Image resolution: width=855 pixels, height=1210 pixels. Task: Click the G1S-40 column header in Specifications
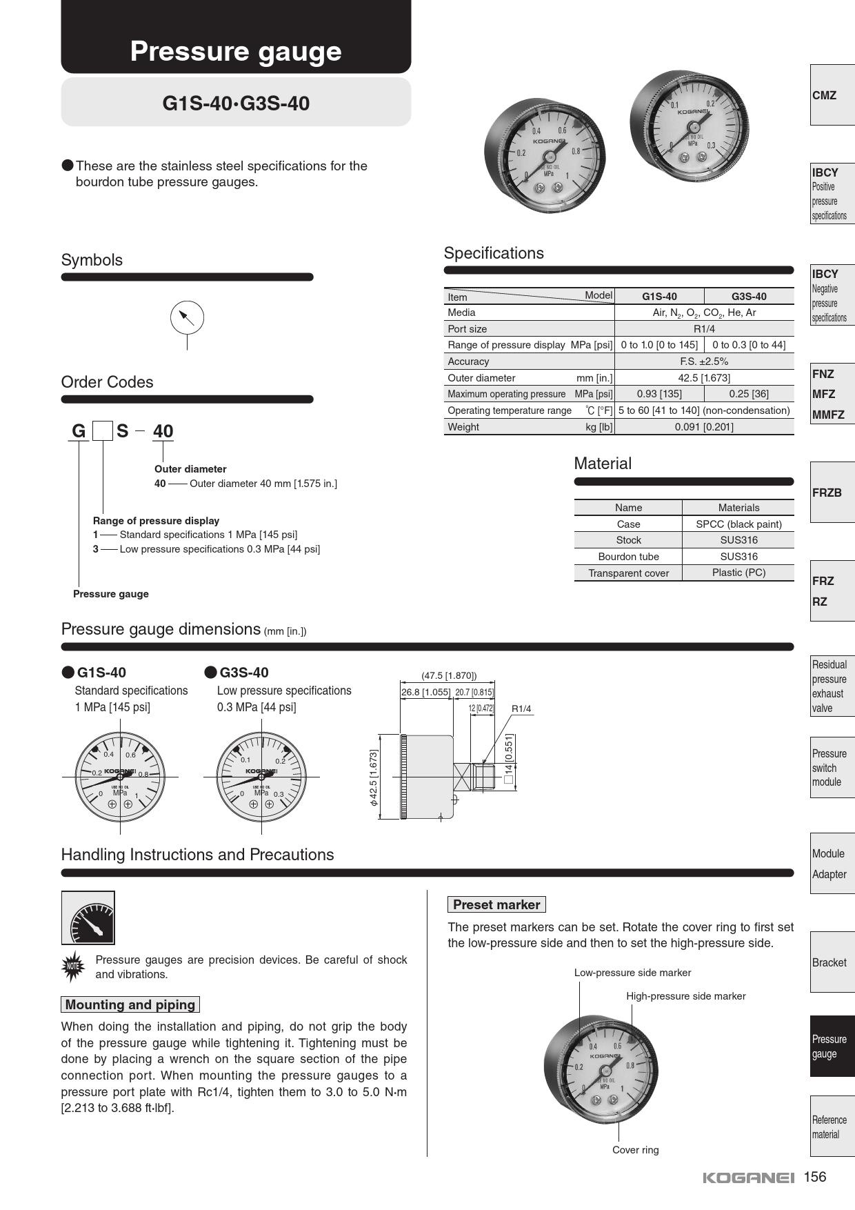[x=659, y=297]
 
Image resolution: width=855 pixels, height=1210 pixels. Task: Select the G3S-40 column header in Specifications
[x=749, y=297]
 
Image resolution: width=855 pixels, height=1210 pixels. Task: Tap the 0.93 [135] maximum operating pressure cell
[x=659, y=394]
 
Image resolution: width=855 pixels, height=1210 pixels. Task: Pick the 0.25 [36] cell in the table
[x=749, y=394]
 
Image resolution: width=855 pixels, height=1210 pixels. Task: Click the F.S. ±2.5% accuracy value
[x=704, y=361]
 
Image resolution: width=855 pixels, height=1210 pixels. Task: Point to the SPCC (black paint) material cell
[x=738, y=524]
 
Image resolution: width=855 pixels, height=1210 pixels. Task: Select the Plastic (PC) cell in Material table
[x=738, y=573]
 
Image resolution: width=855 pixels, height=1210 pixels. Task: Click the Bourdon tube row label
[x=628, y=557]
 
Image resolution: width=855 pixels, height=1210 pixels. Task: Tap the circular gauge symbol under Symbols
[x=187, y=318]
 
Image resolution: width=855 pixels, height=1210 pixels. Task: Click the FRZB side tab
[x=832, y=493]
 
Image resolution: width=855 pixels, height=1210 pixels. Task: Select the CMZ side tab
[x=832, y=95]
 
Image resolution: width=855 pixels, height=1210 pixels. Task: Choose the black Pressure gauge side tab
[x=832, y=1047]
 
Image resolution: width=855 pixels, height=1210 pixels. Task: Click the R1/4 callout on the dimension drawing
[x=521, y=708]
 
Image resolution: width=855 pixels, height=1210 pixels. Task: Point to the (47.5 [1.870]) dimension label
[x=449, y=676]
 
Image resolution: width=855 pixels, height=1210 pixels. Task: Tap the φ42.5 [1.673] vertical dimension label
[x=374, y=777]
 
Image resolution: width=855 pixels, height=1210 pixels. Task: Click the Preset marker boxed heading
[x=496, y=904]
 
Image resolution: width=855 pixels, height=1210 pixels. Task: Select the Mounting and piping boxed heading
[x=130, y=1005]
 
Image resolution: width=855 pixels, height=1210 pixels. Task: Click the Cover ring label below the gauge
[x=635, y=1150]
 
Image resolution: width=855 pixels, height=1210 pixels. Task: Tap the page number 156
[x=814, y=1177]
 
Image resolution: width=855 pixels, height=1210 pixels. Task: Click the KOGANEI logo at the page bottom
[x=748, y=1178]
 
